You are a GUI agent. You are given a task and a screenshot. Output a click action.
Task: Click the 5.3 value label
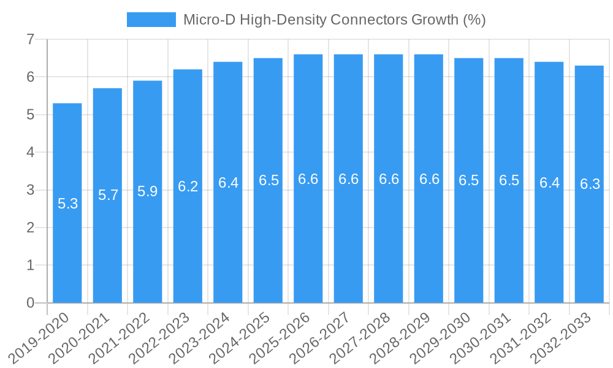tap(67, 204)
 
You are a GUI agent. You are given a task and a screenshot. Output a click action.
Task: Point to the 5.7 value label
tap(108, 196)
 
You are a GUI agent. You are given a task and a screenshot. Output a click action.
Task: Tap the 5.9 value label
tap(148, 191)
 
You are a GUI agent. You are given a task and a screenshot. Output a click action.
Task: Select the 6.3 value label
tap(590, 184)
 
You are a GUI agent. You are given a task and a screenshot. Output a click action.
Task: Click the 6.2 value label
tap(188, 186)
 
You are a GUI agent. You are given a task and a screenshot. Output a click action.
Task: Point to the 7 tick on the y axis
tap(29, 40)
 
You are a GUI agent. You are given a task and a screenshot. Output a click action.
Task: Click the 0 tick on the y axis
tap(29, 303)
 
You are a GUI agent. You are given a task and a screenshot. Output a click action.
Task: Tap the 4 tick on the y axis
tap(29, 153)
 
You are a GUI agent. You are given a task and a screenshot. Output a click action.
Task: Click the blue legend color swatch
tap(151, 20)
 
